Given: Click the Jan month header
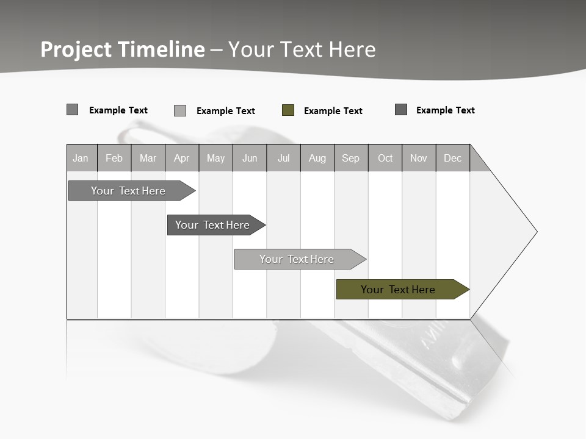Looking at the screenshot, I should (81, 158).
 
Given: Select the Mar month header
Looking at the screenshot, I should (148, 158).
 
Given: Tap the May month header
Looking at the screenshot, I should (215, 158).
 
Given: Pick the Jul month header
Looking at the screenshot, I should (283, 158).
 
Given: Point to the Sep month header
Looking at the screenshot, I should (351, 158).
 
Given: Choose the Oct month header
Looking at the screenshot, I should (385, 158).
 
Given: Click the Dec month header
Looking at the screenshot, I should (453, 158).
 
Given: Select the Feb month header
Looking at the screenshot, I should (114, 158).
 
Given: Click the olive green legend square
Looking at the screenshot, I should (288, 110).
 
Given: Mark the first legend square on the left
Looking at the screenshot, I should (73, 110).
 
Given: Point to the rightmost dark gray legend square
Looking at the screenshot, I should (401, 110).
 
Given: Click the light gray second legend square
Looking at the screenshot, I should (180, 110).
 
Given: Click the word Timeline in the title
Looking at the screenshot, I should (161, 49).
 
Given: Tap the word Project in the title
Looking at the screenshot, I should (76, 49).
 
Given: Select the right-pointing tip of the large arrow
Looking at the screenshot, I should (535, 232).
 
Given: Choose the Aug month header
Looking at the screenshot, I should (317, 158).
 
